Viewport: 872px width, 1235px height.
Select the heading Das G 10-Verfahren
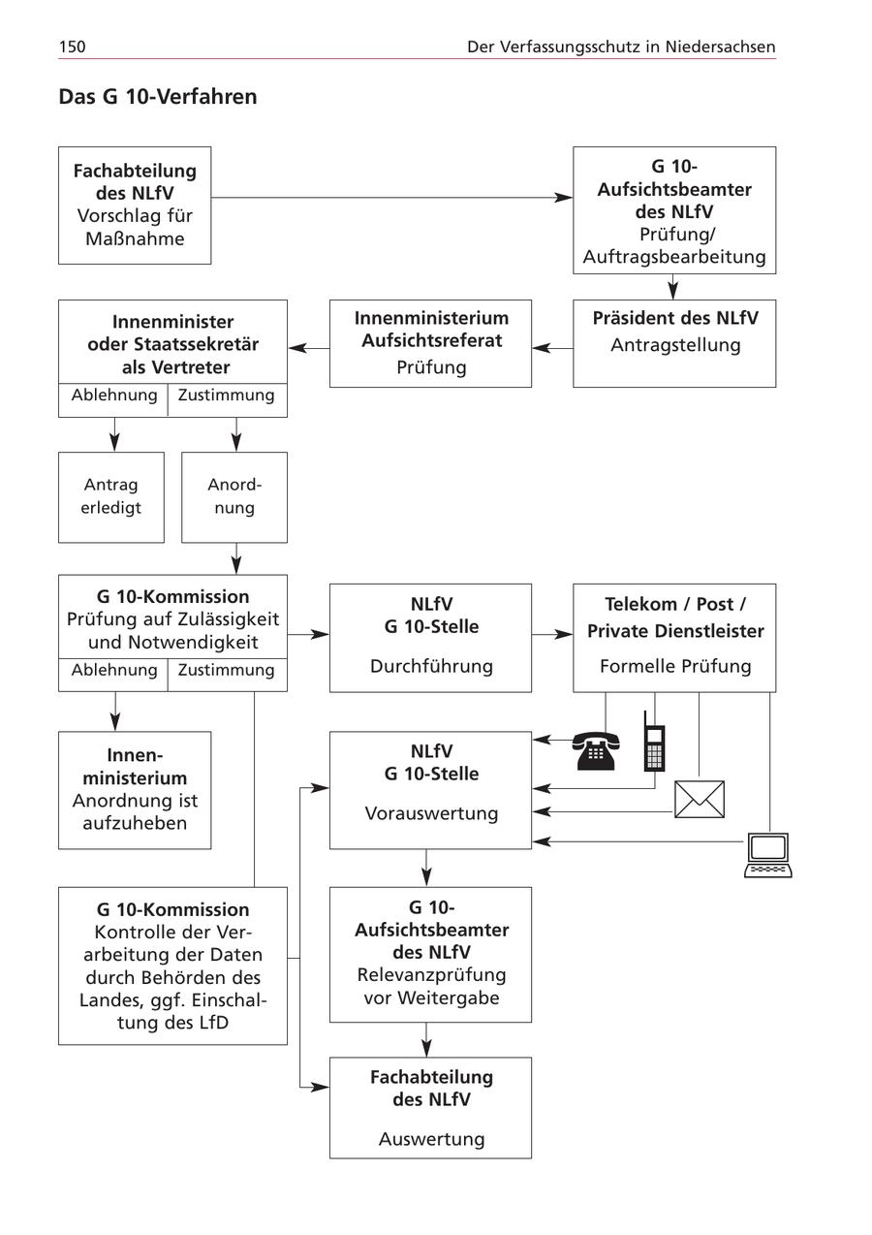158,97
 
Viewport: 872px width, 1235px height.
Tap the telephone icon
594,750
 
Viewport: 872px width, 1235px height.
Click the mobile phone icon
655,743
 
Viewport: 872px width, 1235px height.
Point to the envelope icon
700,799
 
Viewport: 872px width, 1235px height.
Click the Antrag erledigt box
110,496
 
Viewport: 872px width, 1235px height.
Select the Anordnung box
234,496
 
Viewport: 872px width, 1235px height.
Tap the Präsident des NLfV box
674,343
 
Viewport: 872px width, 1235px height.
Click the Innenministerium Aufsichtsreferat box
431,343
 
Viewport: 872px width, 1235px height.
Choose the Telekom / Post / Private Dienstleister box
674,637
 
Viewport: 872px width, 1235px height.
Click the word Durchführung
431,666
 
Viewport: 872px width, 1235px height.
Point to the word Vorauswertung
431,813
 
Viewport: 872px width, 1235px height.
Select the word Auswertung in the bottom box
431,1139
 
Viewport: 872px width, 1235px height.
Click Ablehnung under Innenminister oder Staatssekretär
113,396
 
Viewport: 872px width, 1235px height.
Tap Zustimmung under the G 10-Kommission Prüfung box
227,670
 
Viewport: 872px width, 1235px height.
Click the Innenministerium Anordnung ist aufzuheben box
135,789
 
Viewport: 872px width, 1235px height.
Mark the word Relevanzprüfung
431,974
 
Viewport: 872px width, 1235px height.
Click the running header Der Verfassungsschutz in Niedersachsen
621,47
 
